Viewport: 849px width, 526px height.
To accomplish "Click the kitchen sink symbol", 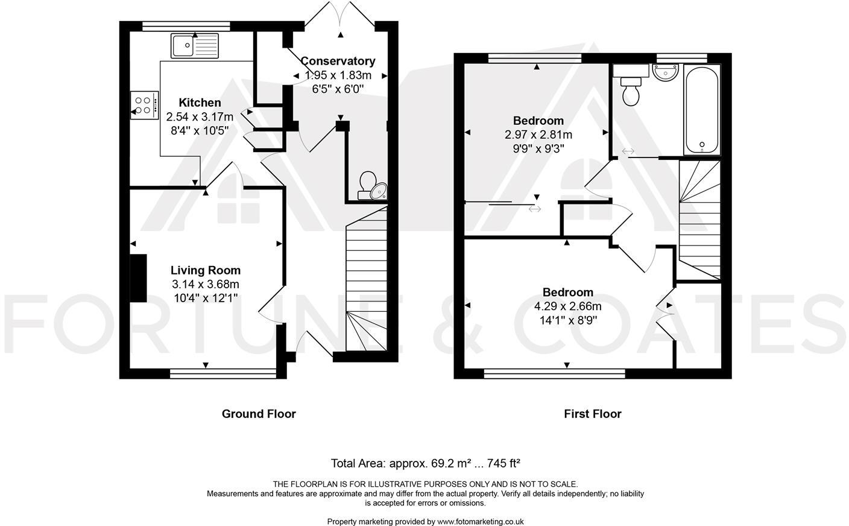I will point(194,45).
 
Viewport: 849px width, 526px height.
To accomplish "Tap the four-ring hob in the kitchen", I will point(144,105).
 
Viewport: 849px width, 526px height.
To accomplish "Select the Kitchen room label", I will point(200,103).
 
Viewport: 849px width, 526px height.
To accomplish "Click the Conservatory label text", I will point(338,61).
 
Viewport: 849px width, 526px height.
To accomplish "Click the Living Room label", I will point(205,270).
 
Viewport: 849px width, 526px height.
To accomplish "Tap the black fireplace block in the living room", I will point(139,277).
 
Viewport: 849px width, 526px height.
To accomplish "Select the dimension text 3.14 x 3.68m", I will point(205,284).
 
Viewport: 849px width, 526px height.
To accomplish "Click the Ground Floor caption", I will point(259,414).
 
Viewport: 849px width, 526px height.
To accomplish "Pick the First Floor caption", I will point(592,414).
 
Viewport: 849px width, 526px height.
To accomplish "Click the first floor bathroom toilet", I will point(631,90).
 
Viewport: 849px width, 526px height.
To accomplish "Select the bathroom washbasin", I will point(665,72).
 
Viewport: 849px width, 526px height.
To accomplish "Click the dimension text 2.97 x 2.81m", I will point(538,135).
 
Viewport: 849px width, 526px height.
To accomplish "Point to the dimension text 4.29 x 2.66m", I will point(567,306).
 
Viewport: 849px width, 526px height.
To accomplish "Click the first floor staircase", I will point(699,220).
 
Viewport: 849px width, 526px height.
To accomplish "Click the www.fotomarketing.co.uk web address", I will point(480,522).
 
